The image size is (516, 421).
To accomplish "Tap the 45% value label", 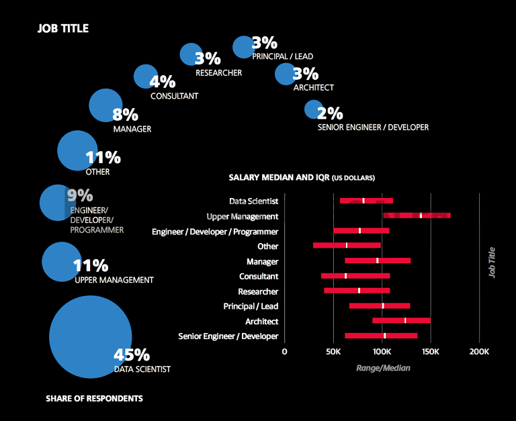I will [132, 355].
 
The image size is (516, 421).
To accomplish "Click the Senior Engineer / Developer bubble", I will [313, 109].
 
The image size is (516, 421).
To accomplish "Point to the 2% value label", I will [331, 113].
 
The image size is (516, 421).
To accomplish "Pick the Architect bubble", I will [284, 73].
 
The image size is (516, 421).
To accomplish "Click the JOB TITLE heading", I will [63, 29].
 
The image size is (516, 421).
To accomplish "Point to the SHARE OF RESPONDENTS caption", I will [94, 399].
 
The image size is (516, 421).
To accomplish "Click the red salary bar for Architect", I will [401, 321].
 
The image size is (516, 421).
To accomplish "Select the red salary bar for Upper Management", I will [417, 216].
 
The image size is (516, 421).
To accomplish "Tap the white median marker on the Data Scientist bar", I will [363, 201].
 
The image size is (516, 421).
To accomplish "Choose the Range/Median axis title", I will [382, 368].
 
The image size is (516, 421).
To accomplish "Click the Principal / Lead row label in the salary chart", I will [251, 306].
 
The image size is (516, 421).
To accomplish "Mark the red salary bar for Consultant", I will [355, 276].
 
